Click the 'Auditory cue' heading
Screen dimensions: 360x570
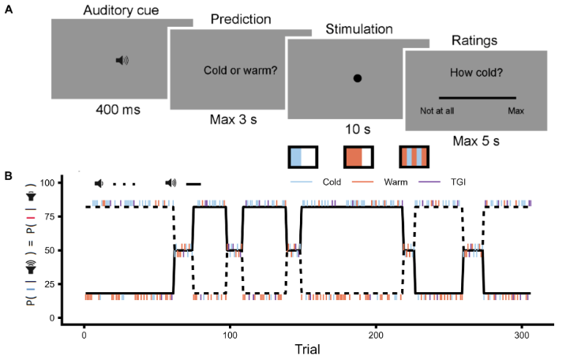(121, 9)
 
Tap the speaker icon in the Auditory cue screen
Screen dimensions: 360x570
(121, 60)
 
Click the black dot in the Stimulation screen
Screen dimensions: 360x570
(357, 78)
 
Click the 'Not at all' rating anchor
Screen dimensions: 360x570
(435, 111)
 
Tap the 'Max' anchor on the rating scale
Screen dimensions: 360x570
(516, 111)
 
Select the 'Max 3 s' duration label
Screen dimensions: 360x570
(234, 120)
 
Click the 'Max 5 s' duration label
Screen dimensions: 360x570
(477, 141)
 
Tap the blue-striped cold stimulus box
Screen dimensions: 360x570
(303, 157)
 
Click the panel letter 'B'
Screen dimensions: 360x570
(8, 176)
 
